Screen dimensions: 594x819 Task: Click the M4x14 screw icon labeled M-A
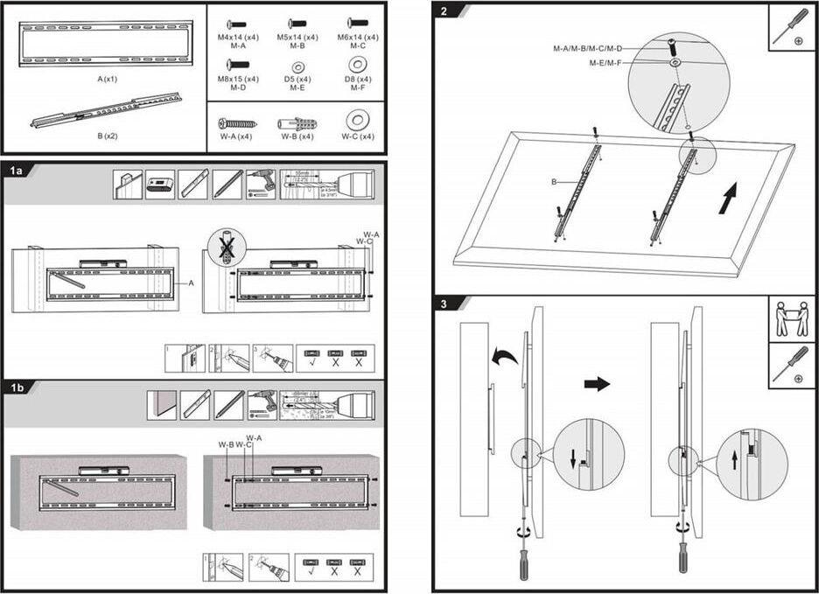coord(237,24)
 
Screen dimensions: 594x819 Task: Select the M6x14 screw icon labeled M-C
coord(358,24)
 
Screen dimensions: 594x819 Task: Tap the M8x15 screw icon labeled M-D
coord(237,64)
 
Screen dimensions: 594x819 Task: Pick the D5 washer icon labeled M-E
coord(297,66)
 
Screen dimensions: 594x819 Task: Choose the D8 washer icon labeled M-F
coord(357,64)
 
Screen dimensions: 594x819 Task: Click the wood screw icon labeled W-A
coord(236,123)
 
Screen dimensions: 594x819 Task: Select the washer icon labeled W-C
coord(357,122)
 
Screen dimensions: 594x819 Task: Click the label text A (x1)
coord(107,79)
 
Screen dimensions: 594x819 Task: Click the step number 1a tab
coord(17,171)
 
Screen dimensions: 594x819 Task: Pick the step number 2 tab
coord(446,10)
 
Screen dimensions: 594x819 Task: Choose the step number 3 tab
coord(445,304)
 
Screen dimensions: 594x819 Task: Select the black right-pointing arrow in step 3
coord(597,384)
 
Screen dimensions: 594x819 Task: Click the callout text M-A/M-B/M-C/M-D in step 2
coord(587,48)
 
